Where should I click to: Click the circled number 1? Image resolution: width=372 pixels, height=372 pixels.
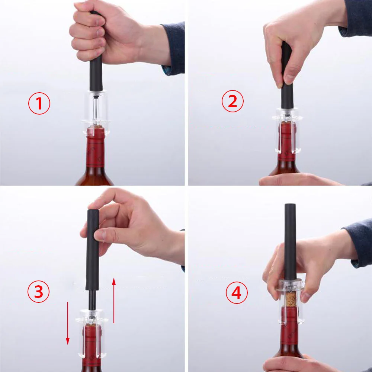(39, 103)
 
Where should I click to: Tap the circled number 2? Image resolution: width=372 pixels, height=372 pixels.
(232, 101)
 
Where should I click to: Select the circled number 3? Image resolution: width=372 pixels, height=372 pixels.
(38, 291)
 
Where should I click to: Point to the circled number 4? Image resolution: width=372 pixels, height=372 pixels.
(237, 292)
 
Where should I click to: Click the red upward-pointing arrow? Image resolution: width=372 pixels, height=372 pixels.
(114, 301)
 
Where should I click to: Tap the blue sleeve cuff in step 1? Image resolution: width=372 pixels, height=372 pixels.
(173, 49)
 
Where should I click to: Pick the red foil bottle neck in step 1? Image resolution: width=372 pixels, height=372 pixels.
(96, 147)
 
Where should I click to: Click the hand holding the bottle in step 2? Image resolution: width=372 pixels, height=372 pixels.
(299, 179)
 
